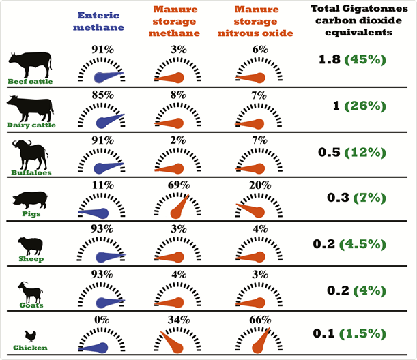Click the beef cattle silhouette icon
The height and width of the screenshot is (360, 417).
pyautogui.click(x=29, y=64)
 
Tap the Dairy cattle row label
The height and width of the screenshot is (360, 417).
pyautogui.click(x=29, y=125)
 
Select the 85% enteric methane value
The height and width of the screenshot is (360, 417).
pyautogui.click(x=102, y=95)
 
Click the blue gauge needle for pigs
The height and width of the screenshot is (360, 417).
pyautogui.click(x=94, y=213)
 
